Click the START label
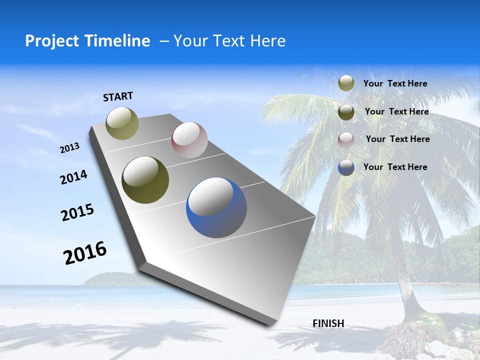(x=118, y=96)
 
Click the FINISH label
(x=328, y=323)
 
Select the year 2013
(x=69, y=147)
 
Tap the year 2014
(x=73, y=177)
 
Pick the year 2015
(x=77, y=212)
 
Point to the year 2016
(x=85, y=252)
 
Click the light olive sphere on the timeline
(x=122, y=123)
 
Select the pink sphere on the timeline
(x=189, y=140)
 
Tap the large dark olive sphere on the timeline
(x=145, y=180)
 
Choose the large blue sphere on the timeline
(x=216, y=207)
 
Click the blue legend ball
(x=346, y=167)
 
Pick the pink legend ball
(x=346, y=139)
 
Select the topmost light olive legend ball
(x=346, y=83)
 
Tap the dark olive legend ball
(x=346, y=112)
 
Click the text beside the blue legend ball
(x=395, y=167)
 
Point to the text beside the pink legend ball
(x=397, y=139)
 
